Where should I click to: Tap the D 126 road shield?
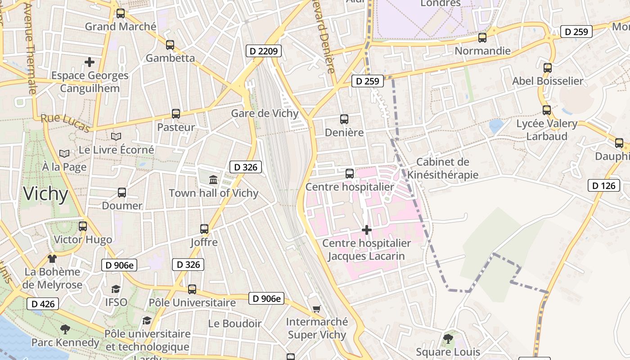[603, 185]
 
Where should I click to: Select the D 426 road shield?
[43, 304]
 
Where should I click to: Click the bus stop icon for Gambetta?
[170, 45]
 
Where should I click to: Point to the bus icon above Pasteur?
[175, 114]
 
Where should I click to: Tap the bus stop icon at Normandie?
[482, 38]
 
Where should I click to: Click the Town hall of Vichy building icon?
[213, 180]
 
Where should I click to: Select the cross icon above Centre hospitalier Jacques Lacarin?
[367, 230]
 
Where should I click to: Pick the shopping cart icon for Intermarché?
[316, 309]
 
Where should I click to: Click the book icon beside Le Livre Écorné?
[116, 136]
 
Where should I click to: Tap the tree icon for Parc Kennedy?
[65, 329]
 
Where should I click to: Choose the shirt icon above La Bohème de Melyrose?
[52, 259]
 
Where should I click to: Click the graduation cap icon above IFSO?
[116, 289]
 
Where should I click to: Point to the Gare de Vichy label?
[265, 113]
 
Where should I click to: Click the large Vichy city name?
[45, 194]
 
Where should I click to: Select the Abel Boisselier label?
[548, 81]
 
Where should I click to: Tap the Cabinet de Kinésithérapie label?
[443, 168]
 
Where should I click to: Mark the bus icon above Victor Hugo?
[83, 226]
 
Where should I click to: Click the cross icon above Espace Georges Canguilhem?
[90, 62]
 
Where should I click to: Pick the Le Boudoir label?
[234, 324]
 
